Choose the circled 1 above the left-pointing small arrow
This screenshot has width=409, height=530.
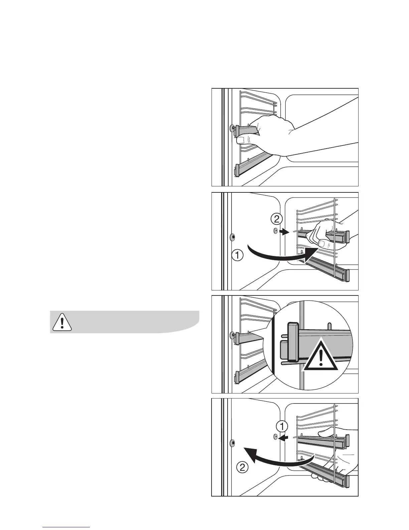(x=282, y=427)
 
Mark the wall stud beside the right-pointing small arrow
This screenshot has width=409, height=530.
(x=275, y=231)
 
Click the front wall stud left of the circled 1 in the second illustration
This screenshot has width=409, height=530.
(x=233, y=237)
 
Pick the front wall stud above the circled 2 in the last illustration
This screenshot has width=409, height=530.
(x=233, y=443)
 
